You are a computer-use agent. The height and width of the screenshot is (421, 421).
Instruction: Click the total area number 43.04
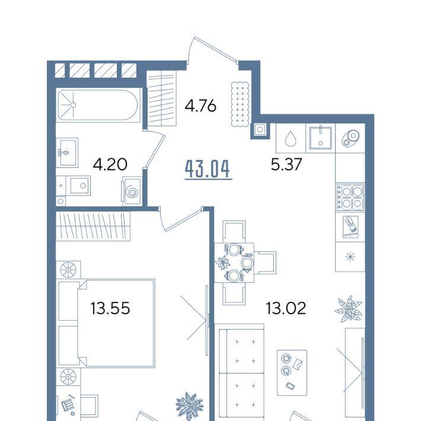coord(208,169)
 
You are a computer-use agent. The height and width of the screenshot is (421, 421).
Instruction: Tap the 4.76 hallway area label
coord(200,106)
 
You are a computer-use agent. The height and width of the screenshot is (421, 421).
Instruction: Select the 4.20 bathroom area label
coord(110,164)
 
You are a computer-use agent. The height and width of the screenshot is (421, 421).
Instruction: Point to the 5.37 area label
coord(286,164)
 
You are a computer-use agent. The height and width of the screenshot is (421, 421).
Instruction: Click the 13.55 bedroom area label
coord(110,308)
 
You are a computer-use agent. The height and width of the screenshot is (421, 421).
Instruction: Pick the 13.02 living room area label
coord(286,308)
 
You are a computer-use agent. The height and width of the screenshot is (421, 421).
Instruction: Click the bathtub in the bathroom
coord(98,105)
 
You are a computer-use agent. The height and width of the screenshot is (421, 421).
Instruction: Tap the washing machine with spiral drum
coord(132,191)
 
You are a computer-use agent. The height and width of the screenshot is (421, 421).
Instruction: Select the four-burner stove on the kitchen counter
coord(350,197)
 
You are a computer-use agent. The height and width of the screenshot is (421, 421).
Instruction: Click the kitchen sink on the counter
coord(321,138)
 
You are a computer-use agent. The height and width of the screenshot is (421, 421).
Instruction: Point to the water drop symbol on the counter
coord(290,138)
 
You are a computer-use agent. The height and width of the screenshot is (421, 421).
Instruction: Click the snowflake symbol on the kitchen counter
coord(350,257)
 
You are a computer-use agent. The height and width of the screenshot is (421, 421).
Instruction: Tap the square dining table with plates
coord(234,263)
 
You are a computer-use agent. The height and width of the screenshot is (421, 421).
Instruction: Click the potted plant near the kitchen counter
coord(349,309)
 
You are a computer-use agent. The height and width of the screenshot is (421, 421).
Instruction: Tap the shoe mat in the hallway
coord(240,104)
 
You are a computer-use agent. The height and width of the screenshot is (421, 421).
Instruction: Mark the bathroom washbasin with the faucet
coord(67,152)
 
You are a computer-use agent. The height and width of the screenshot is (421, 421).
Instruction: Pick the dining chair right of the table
coord(265,263)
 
